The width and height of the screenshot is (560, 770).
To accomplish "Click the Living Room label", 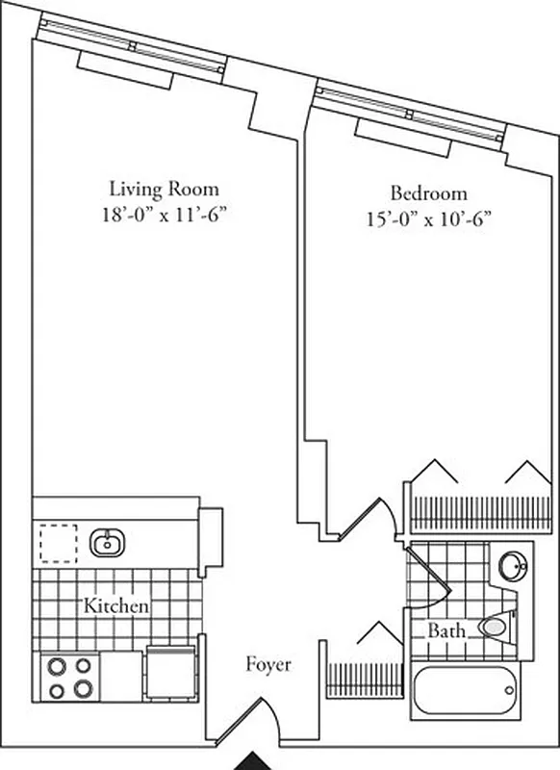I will coord(163,189).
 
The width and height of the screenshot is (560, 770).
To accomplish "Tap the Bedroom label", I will coord(428,192).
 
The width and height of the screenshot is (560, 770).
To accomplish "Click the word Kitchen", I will coord(115,606).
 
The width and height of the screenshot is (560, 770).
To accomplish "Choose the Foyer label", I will coord(267,664).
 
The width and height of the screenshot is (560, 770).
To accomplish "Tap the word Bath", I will coord(447,631).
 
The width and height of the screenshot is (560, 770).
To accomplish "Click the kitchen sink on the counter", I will coord(107,545).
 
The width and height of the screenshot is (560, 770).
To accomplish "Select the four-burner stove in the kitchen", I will coord(69,677).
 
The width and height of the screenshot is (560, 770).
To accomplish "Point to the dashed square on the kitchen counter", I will coord(58,544).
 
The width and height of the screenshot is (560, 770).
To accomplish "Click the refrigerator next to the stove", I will coord(171,674).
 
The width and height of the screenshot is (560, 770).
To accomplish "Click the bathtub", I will coord(465,692).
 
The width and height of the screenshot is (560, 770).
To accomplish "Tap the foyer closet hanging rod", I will coord(364,680).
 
